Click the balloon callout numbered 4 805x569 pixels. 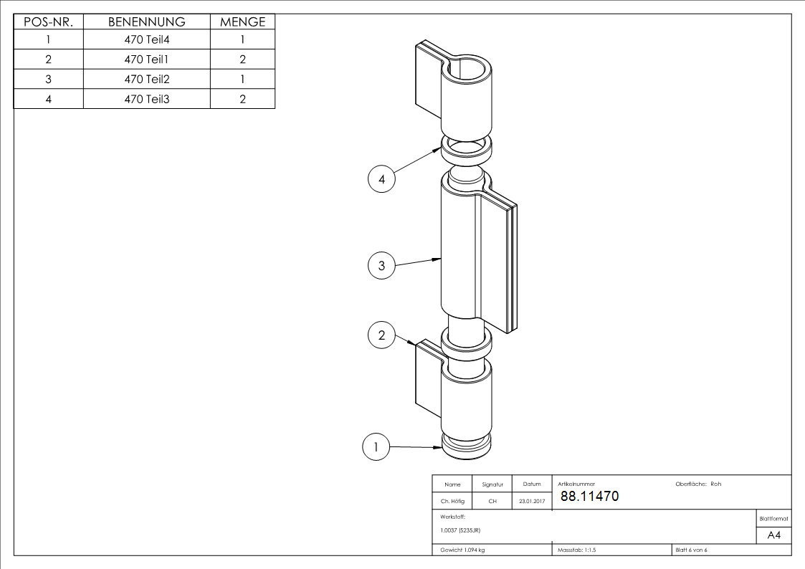pos(381,179)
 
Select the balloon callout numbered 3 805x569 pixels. pos(381,265)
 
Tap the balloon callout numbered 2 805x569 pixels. pos(381,335)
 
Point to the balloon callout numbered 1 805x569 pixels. pos(376,446)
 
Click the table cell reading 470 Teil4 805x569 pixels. pos(147,39)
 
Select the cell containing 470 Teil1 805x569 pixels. pos(147,59)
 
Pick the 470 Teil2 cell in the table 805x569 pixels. pos(147,79)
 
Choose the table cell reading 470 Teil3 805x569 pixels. pos(147,99)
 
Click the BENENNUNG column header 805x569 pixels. pos(147,21)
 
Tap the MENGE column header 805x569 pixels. pos(243,21)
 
